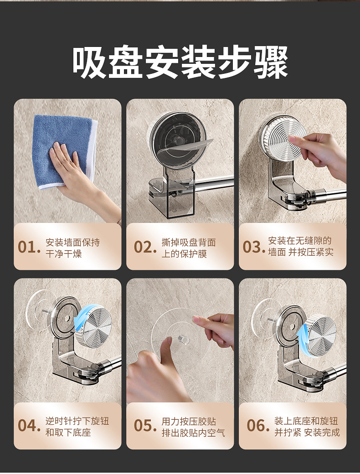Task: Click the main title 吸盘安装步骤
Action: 180,62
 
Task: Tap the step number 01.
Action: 29,247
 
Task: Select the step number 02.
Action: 145,247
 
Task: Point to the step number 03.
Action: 254,247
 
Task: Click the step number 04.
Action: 29,426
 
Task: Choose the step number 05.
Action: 145,426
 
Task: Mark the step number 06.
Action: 258,426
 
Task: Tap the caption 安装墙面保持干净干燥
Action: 72,248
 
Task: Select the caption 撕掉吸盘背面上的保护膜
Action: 189,248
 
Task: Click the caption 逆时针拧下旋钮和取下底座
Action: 77,427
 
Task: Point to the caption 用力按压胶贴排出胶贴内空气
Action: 194,427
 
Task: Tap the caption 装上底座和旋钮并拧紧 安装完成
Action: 307,427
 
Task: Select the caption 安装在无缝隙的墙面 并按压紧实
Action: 301,247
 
